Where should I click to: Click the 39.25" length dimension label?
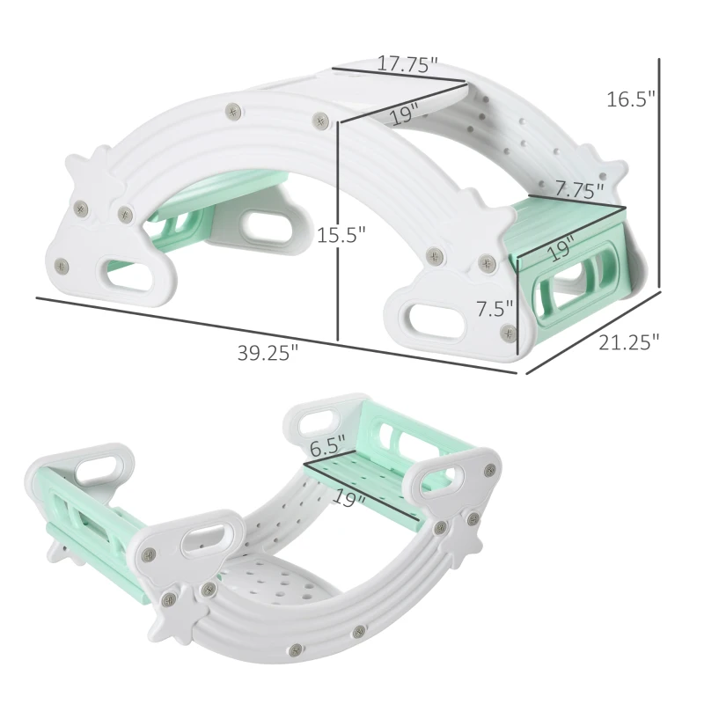tap(268, 353)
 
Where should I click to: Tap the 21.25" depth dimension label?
tap(628, 342)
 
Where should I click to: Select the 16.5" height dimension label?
tap(631, 99)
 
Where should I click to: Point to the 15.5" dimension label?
tap(341, 234)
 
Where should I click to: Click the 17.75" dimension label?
tap(407, 63)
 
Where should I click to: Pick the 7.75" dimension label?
tap(580, 189)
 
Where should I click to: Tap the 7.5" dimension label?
tap(495, 309)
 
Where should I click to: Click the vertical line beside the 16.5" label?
tap(659, 172)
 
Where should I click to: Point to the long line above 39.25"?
tap(276, 335)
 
